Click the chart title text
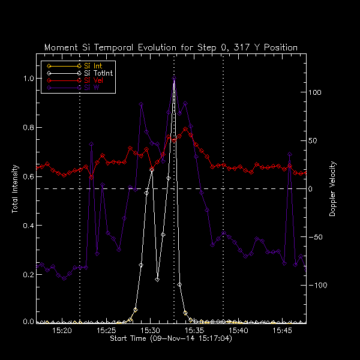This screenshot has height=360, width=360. pyautogui.click(x=171, y=47)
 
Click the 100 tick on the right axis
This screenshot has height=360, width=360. pyautogui.click(x=316, y=93)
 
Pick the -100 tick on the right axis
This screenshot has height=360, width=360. pyautogui.click(x=320, y=286)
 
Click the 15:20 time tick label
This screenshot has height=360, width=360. pyautogui.click(x=62, y=331)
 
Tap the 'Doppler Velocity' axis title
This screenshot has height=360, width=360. pyautogui.click(x=333, y=188)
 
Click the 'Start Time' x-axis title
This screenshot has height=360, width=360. pyautogui.click(x=170, y=339)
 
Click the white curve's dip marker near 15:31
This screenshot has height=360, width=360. pyautogui.click(x=157, y=280)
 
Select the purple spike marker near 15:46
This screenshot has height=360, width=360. pyautogui.click(x=290, y=155)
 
